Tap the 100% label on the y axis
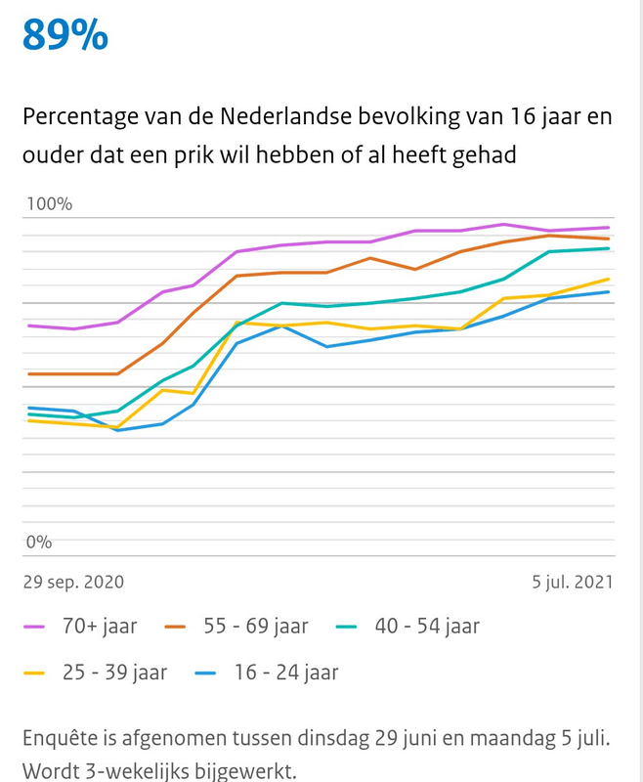49,204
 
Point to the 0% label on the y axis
39,542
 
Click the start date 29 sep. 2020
73,582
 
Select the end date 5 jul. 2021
573,582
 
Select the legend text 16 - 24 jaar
286,673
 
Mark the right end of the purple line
610,228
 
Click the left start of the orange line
28,373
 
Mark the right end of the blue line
610,291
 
